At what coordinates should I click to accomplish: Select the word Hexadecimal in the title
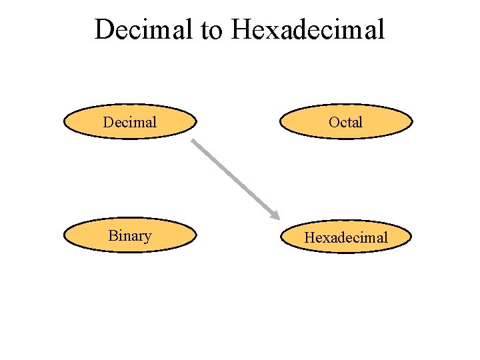tap(308, 29)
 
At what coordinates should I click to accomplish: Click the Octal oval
tap(346, 122)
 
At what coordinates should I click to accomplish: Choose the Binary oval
tap(130, 236)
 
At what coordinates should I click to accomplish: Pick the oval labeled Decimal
tap(130, 122)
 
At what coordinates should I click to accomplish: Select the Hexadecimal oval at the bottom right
tap(346, 237)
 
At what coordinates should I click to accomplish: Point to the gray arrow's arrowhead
tap(274, 215)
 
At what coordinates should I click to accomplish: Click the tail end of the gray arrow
tap(193, 141)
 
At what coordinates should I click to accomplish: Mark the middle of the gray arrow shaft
tap(233, 178)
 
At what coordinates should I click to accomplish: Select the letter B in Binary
tap(113, 235)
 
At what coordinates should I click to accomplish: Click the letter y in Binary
tap(147, 237)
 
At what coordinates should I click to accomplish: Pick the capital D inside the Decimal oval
tap(108, 122)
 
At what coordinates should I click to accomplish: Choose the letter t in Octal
tap(349, 122)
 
